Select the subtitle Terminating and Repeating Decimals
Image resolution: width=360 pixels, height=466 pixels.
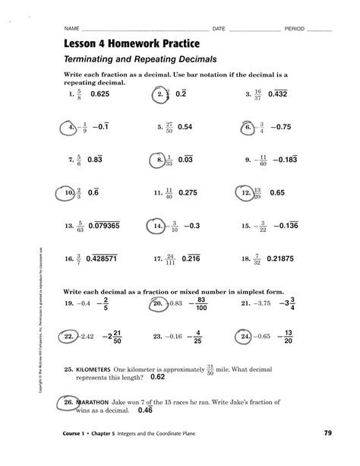click(130, 59)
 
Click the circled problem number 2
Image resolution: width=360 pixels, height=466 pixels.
click(160, 95)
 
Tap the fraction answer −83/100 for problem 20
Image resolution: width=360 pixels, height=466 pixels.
click(201, 304)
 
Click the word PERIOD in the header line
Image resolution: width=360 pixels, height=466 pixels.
click(295, 28)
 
